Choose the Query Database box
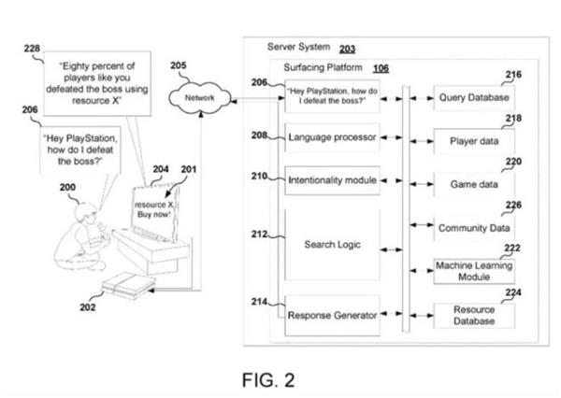coord(473,97)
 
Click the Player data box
coord(473,141)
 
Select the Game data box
coord(473,184)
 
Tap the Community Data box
coord(473,226)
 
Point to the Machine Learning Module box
coord(473,272)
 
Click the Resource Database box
coord(473,314)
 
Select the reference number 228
coord(32,50)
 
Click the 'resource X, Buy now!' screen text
coord(153,206)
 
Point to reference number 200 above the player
coord(68,187)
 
